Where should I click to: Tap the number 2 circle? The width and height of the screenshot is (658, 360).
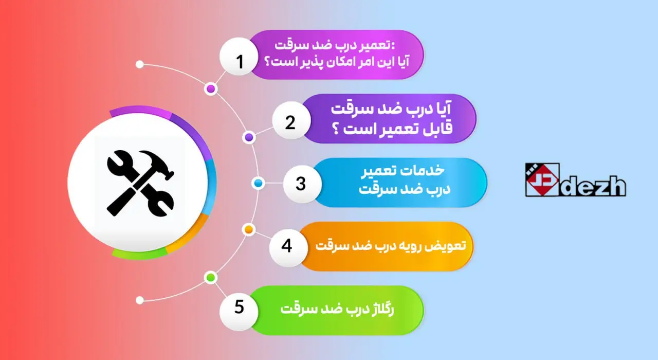[x=290, y=122]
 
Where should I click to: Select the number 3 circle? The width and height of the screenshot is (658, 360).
[x=301, y=184]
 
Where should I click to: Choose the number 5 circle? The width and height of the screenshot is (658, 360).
[x=239, y=307]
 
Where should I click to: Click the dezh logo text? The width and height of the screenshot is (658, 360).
[x=594, y=186]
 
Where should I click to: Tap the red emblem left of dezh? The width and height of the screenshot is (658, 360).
[x=542, y=179]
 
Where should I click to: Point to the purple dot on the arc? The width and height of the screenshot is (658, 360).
[x=210, y=89]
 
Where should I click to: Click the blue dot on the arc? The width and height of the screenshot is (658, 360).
[x=258, y=183]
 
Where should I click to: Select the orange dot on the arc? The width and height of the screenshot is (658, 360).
[x=248, y=229]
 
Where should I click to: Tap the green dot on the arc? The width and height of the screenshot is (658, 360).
[x=210, y=278]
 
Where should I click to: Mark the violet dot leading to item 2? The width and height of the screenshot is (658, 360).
[x=249, y=137]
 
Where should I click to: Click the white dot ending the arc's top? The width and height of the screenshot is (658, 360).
[x=139, y=65]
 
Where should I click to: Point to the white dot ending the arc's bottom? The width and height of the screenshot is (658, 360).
[x=139, y=300]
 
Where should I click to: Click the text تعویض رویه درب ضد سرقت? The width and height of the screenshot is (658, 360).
[x=390, y=246]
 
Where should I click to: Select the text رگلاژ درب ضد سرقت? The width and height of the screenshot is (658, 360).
[x=344, y=310]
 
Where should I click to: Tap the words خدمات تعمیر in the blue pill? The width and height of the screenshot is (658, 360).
[x=414, y=170]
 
